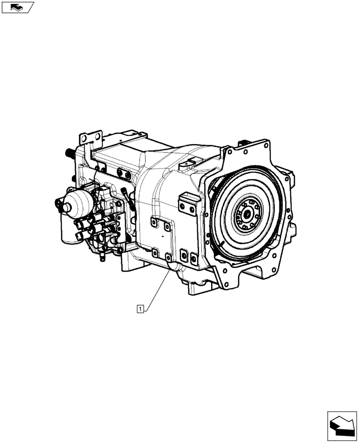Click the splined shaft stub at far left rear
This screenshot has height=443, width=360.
[x=69, y=153]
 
